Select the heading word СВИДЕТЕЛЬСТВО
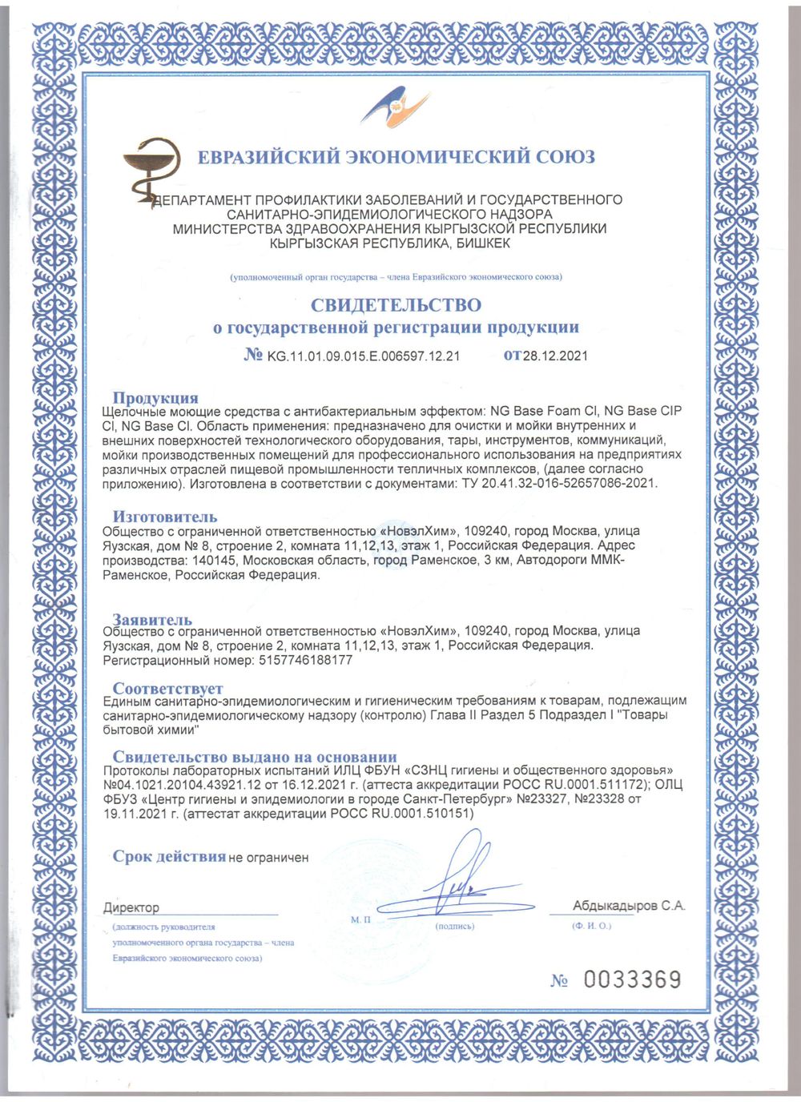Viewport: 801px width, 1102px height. tap(396, 305)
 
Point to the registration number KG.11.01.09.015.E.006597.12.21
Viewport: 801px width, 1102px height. tap(363, 356)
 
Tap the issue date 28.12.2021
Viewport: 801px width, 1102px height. tap(555, 356)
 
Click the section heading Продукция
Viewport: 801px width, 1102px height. tap(155, 398)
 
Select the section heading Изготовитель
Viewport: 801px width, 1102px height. tap(164, 517)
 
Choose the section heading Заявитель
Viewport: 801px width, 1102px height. tap(152, 619)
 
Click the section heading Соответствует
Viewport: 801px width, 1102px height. tap(167, 688)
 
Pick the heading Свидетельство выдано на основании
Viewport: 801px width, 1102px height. tap(254, 757)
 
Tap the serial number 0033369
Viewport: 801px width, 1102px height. tap(632, 979)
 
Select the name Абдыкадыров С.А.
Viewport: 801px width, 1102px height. tap(629, 906)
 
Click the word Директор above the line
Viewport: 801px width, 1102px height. tap(131, 907)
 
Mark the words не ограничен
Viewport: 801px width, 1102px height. tap(268, 858)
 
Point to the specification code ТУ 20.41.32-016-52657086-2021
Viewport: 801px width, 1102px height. tap(560, 484)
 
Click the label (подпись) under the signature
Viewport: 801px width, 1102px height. tap(454, 927)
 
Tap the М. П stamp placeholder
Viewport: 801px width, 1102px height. tap(360, 919)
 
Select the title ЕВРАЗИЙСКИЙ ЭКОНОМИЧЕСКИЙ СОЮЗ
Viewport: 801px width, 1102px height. tap(396, 157)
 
